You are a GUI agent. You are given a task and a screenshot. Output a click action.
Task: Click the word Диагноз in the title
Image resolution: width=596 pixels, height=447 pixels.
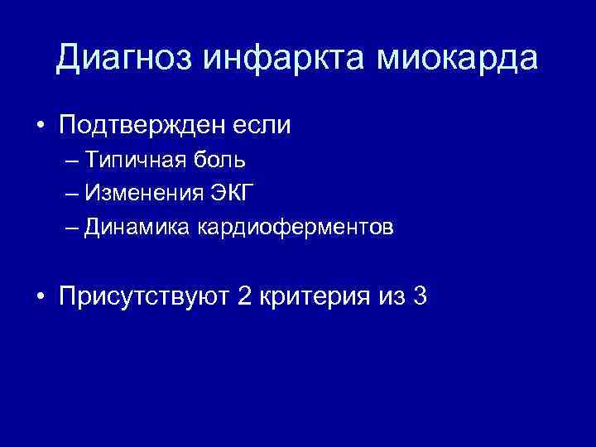[122, 59]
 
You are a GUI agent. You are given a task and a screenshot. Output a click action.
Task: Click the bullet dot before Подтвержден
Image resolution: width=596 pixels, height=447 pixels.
[41, 127]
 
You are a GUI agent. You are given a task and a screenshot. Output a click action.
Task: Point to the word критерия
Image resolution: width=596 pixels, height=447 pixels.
[311, 296]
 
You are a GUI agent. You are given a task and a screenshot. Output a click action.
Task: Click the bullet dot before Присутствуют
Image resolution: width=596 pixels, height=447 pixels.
[41, 296]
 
